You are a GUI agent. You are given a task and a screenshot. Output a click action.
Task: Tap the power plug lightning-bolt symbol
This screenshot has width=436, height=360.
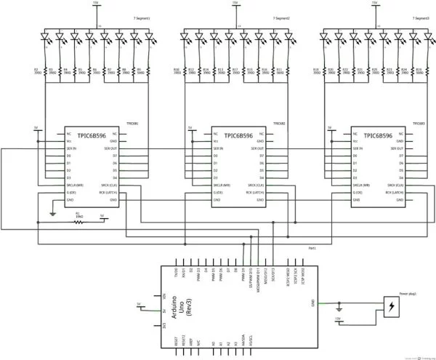pos(392,306)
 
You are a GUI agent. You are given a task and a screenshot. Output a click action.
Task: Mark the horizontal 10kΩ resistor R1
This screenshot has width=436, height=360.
pos(78,223)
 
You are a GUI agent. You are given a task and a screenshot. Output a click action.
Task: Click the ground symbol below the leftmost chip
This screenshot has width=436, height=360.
pos(52,214)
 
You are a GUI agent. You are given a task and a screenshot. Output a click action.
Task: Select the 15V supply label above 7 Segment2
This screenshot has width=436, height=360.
pos(235,4)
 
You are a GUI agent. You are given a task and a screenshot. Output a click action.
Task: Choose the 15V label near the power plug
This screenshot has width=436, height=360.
pos(337,319)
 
